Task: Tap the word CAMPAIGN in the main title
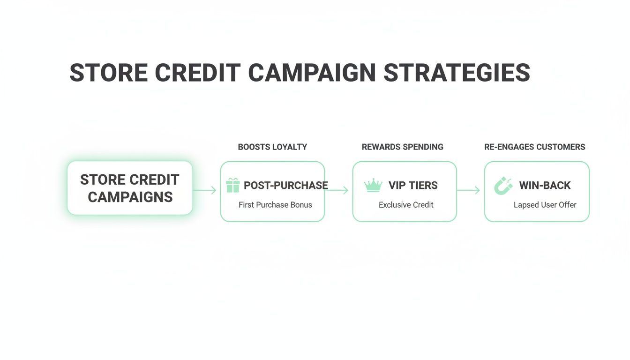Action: coord(312,73)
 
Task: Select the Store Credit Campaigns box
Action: coord(130,188)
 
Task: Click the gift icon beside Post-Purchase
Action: coord(232,185)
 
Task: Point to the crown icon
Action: coord(373,185)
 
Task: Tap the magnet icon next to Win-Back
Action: coord(503,186)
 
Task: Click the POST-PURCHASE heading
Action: coord(285,185)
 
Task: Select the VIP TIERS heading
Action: coord(413,185)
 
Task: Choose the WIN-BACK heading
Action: coord(545,185)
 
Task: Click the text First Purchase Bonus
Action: coord(275,205)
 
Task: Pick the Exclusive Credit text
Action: coord(406,205)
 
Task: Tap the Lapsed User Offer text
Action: coord(545,205)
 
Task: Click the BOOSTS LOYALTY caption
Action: coord(272,147)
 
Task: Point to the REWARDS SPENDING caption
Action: coord(402,147)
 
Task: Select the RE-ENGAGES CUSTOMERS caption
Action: coord(534,147)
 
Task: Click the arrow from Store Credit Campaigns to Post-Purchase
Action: coord(205,190)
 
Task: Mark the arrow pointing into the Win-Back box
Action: coord(468,190)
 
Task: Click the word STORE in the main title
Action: coord(108,73)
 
